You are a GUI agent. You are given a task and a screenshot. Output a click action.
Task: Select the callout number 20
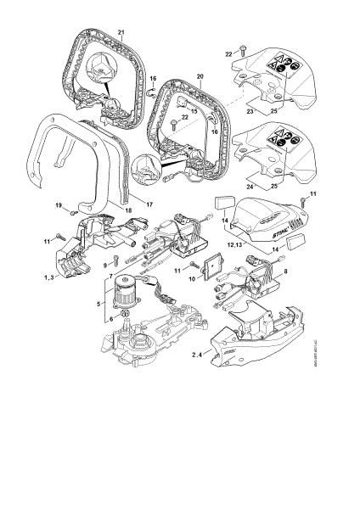pyautogui.click(x=201, y=76)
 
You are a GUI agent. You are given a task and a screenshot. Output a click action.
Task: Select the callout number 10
pyautogui.click(x=191, y=278)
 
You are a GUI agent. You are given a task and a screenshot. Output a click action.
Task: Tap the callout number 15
pyautogui.click(x=194, y=111)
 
